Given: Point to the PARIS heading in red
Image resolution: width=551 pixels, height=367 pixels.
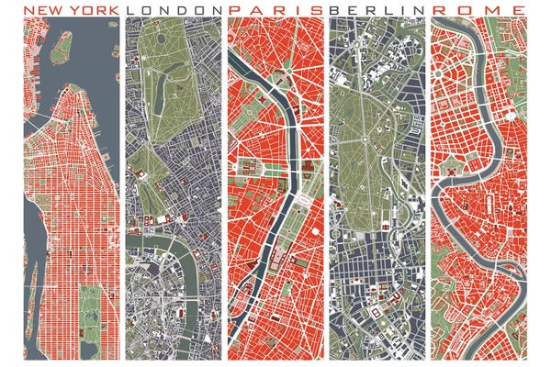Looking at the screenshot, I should [274, 9].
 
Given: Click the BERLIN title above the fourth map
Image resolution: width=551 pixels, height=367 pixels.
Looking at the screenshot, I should [376, 9].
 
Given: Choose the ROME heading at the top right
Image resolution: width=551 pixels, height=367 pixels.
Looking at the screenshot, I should [479, 9].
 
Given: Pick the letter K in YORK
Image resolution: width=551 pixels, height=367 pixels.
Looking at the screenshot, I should [113, 9].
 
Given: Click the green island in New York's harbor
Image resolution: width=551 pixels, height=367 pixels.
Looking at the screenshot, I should [62, 49].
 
